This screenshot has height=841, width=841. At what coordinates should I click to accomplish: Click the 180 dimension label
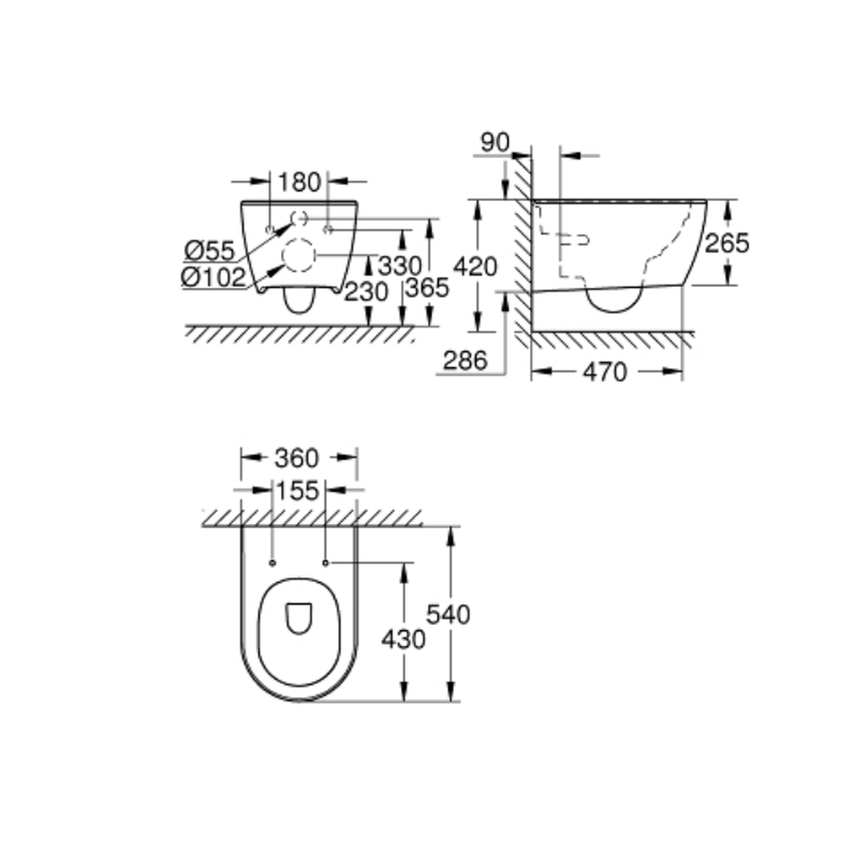click(299, 182)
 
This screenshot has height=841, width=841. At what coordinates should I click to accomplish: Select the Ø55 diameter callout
click(209, 251)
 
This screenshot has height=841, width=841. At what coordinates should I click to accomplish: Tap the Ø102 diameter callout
click(214, 278)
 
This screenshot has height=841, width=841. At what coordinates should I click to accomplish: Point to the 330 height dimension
click(400, 266)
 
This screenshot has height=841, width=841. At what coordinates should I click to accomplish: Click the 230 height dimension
click(366, 292)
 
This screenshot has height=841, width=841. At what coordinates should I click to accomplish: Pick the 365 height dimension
click(427, 288)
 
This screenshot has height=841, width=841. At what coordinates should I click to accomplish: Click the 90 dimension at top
click(495, 143)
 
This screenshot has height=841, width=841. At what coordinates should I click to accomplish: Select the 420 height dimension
click(475, 267)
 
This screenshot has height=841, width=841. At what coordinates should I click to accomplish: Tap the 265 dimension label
click(727, 244)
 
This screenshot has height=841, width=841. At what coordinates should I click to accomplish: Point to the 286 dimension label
click(465, 361)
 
